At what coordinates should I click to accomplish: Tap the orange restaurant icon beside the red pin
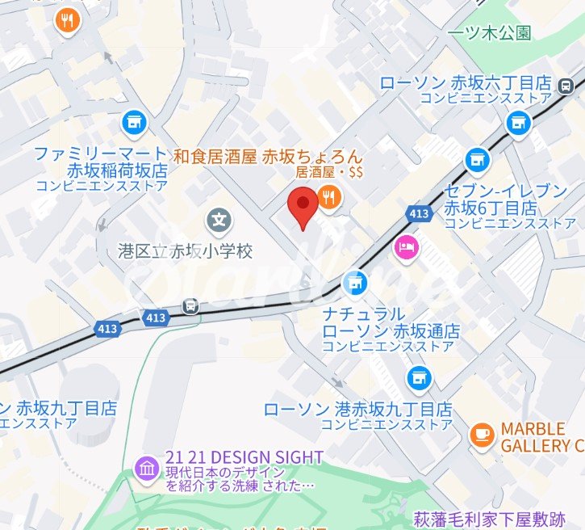[329, 198]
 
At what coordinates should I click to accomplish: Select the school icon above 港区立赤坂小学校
[218, 218]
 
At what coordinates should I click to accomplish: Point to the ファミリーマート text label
[100, 154]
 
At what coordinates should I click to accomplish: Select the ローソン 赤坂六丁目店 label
[466, 83]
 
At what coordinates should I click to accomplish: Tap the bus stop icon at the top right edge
[568, 84]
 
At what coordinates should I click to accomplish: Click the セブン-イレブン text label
[506, 191]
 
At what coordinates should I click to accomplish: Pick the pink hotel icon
[404, 246]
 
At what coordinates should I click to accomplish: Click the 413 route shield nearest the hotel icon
[418, 213]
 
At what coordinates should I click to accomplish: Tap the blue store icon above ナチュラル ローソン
[353, 283]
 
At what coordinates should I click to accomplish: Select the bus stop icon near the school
[190, 305]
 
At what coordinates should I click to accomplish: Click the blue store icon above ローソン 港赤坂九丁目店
[417, 377]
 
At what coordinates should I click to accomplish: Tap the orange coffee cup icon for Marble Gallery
[482, 434]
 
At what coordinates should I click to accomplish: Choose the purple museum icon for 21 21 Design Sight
[147, 467]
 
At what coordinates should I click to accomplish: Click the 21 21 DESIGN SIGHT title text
[244, 457]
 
